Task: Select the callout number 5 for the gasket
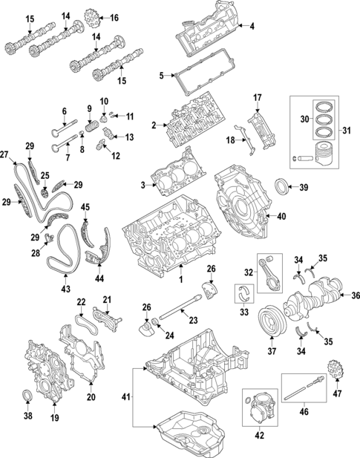161,75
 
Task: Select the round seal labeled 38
29,393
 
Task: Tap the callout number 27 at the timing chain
5,154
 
